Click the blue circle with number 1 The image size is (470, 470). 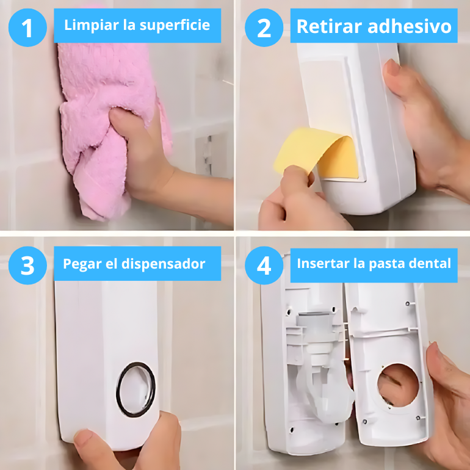[x=27, y=27]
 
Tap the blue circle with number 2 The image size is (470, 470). [x=264, y=27]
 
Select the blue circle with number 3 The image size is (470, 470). [x=27, y=266]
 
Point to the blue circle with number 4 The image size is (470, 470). [x=264, y=266]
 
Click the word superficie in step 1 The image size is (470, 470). [x=175, y=25]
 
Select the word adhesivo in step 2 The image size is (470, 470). [x=410, y=26]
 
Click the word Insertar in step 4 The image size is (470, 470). [x=323, y=264]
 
